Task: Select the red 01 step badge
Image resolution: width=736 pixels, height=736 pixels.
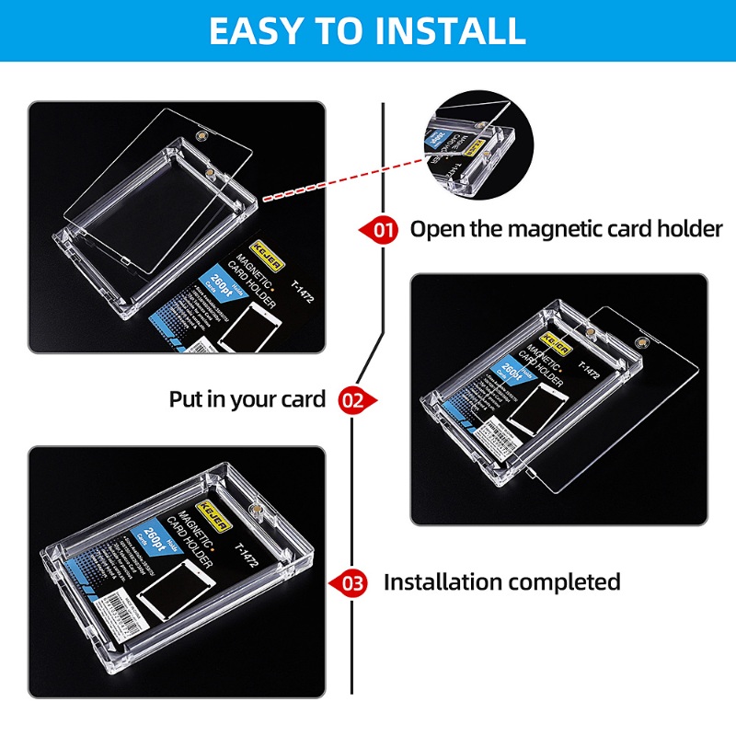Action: click(x=380, y=229)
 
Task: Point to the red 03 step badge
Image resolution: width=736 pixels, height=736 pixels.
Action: click(x=352, y=582)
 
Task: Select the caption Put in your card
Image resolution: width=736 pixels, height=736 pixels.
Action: click(x=247, y=399)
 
